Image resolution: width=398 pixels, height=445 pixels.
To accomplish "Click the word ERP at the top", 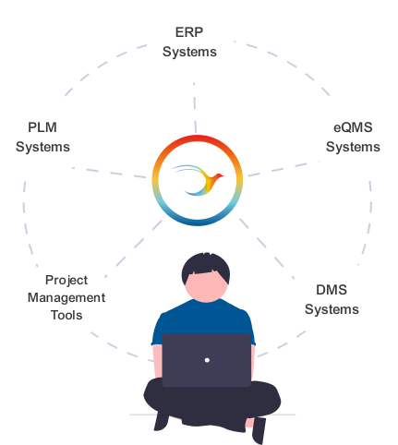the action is click(x=189, y=32).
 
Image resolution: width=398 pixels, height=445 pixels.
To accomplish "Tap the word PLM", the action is click(x=42, y=127).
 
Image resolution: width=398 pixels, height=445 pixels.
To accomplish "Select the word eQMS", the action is click(x=353, y=127).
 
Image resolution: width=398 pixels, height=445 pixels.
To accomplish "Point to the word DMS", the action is click(x=332, y=290).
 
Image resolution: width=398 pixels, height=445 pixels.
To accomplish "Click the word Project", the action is click(x=66, y=281).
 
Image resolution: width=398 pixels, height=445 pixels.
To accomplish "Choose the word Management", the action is click(x=66, y=298).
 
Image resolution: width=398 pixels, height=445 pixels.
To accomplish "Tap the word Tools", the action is click(x=66, y=315).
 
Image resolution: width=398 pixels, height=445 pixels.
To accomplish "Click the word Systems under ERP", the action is click(x=189, y=52).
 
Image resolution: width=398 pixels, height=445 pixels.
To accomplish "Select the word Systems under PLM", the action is click(x=42, y=147).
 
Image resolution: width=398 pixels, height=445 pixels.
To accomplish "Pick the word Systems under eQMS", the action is click(x=353, y=147).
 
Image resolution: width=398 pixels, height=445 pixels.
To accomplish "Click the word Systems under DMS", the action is click(x=332, y=309).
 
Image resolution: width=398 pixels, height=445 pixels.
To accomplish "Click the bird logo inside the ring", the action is click(x=198, y=180).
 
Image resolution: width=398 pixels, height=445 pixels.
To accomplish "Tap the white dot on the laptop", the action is click(x=207, y=360).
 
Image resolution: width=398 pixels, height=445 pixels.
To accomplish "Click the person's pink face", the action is click(x=206, y=287).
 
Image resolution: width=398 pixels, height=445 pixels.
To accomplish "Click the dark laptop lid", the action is click(x=207, y=360).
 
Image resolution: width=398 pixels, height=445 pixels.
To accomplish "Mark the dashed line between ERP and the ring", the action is click(x=195, y=108).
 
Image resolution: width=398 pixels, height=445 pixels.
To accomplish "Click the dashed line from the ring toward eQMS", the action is click(x=283, y=168).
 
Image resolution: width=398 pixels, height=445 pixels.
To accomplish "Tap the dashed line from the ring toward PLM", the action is click(x=109, y=173).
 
